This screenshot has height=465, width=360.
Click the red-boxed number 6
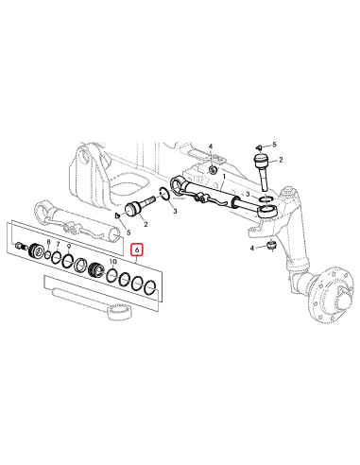pyautogui.click(x=137, y=250)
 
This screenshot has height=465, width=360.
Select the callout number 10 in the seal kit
pyautogui.click(x=112, y=260)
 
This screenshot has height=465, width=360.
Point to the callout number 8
pyautogui.click(x=49, y=243)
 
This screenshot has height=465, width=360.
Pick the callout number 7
pyautogui.click(x=58, y=245)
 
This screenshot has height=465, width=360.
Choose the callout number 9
pyautogui.click(x=69, y=247)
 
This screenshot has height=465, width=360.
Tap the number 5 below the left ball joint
pyautogui.click(x=129, y=232)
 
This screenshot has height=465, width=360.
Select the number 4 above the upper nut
pyautogui.click(x=212, y=147)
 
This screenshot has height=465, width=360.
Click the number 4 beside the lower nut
pyautogui.click(x=253, y=248)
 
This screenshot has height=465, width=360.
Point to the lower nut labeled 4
pyautogui.click(x=269, y=247)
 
